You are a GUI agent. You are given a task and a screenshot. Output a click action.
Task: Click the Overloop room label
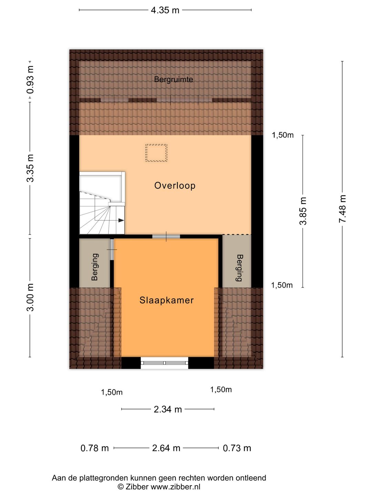click(x=175, y=186)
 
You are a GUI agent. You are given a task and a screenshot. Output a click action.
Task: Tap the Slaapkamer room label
click(x=167, y=300)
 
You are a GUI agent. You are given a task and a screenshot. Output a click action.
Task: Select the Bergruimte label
click(x=174, y=79)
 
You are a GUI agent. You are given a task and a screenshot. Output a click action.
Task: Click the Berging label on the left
click(x=95, y=267)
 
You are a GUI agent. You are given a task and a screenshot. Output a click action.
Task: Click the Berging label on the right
click(x=239, y=268)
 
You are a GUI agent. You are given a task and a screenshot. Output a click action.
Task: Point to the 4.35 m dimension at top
click(x=165, y=10)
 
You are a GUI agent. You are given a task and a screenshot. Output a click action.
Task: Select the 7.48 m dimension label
click(x=342, y=209)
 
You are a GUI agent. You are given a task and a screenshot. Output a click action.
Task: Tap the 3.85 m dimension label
click(x=303, y=211)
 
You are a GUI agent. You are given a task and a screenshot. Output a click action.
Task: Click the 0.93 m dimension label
click(x=30, y=80)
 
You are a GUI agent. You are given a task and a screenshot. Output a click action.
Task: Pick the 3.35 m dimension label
click(x=30, y=168)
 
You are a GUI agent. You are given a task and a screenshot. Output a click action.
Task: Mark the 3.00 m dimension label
click(x=30, y=297)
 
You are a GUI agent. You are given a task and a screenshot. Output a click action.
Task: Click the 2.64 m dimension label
click(x=166, y=448)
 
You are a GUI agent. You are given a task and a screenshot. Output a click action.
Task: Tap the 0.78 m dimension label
click(x=95, y=448)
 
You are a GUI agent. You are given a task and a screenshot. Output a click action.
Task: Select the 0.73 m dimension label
click(x=237, y=448)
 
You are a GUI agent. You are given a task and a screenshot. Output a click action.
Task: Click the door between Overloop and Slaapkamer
click(x=166, y=237)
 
